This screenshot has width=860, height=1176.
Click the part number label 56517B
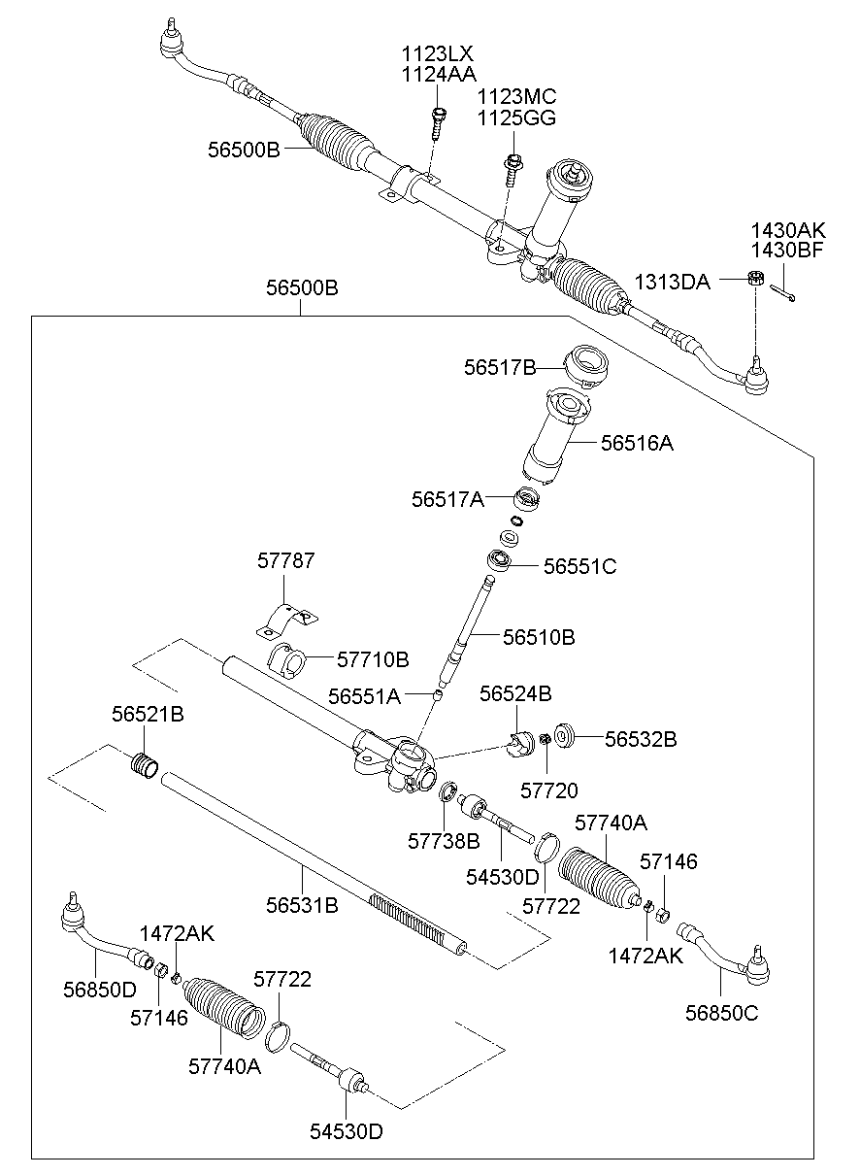pos(500,367)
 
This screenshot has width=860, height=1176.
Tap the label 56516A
pos(637,444)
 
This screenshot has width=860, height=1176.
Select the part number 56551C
pos(579,566)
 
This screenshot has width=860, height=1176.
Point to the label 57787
pos(286,561)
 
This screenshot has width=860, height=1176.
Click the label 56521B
pos(148,714)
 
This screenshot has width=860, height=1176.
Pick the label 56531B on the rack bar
pos(303,905)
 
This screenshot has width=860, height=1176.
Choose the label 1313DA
pos(673,282)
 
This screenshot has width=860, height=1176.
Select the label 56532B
pos(641,739)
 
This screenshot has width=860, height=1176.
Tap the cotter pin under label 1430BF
pos(784,291)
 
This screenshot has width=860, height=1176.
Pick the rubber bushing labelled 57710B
pos(286,657)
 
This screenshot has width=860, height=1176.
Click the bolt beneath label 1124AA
pos(438,122)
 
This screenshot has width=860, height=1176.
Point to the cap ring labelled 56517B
pos(587,362)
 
